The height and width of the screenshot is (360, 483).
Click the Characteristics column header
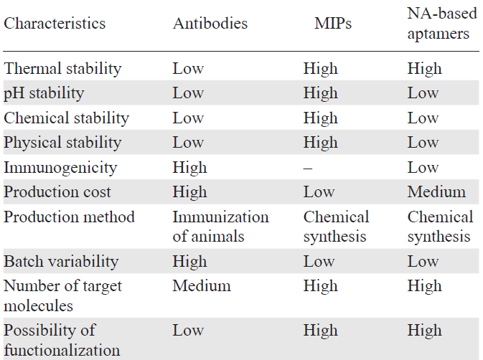[x=55, y=23]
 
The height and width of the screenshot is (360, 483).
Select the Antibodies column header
[x=210, y=23]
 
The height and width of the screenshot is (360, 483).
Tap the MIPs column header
[x=334, y=23]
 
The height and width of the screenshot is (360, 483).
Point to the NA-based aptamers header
[x=439, y=23]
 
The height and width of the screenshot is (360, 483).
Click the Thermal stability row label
[x=63, y=69]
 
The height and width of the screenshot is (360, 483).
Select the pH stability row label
[x=44, y=93]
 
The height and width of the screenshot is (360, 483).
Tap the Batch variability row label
[x=62, y=261]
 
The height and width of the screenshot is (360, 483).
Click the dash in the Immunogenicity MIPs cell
[x=308, y=167]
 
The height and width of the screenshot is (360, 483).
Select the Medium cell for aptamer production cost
[x=436, y=191]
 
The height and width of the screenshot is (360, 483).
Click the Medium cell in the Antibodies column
[x=202, y=286]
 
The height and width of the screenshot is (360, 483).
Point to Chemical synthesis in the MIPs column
[x=336, y=226]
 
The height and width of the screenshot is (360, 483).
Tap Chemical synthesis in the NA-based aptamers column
[x=440, y=226]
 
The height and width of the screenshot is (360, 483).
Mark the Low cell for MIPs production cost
[x=319, y=191]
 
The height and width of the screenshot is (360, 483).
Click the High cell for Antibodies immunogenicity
[x=189, y=167]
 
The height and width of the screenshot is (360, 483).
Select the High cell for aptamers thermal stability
[x=425, y=69]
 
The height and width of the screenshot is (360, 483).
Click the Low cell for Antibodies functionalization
[x=188, y=331]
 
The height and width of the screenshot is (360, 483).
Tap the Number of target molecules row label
[x=63, y=295]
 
